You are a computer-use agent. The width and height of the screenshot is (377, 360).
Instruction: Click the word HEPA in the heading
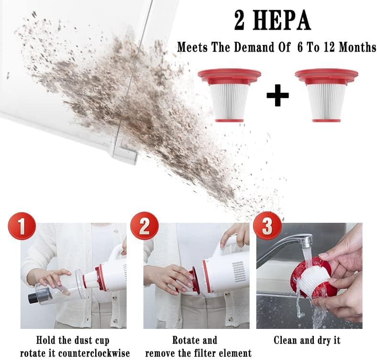coord(284,22)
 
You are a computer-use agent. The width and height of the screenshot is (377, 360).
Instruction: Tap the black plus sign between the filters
coord(277,95)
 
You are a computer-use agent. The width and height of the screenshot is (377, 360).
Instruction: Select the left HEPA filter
coord(229,95)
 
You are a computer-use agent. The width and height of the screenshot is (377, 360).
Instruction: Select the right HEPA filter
coord(326,95)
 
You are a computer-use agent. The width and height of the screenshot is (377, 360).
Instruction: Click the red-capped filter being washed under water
coord(311,277)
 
